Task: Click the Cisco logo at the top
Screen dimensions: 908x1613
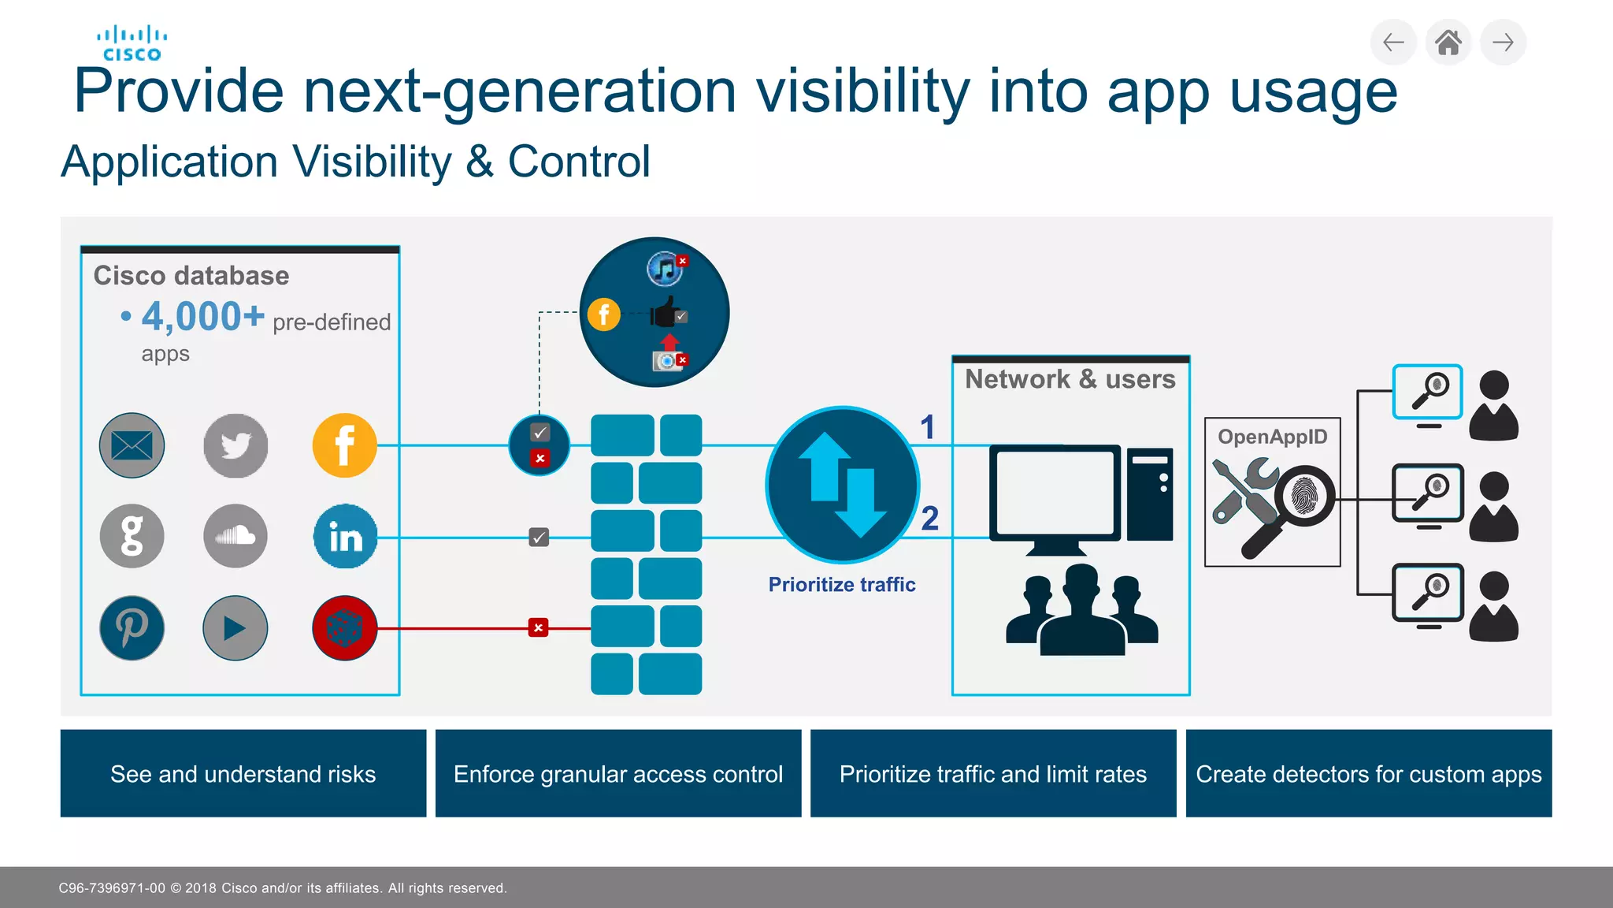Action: point(132,43)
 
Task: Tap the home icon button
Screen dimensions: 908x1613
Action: point(1448,43)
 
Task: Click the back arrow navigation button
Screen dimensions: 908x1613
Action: point(1393,43)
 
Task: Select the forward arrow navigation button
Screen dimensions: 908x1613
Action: point(1503,43)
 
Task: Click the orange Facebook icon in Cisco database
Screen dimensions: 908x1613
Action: point(344,445)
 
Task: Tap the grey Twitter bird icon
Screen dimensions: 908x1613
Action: point(235,445)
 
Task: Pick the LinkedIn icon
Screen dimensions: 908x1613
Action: point(345,537)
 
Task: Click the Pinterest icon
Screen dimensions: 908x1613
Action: point(132,627)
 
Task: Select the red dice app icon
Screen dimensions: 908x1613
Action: point(344,627)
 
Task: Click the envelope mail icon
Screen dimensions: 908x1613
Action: point(132,445)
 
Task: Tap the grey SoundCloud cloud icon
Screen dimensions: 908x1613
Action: point(235,537)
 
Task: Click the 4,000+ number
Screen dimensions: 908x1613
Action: point(202,317)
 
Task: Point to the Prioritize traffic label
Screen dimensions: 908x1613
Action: point(841,585)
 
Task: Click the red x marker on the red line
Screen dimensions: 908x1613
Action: point(538,627)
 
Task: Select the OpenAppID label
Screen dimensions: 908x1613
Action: point(1272,437)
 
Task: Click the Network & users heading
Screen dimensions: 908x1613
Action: point(1070,379)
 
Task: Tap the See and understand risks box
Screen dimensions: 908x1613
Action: point(243,773)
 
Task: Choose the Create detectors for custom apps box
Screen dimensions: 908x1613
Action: point(1368,773)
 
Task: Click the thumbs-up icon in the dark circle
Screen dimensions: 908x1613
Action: point(666,313)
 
